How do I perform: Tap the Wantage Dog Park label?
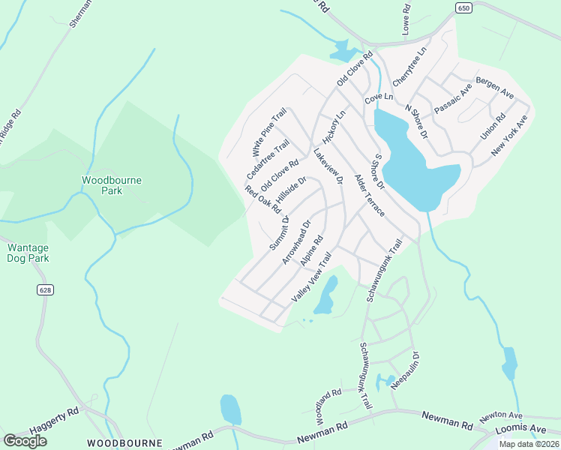[x=28, y=253]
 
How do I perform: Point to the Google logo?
[x=25, y=441]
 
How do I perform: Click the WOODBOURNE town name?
[x=124, y=443]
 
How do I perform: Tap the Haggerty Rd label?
[x=54, y=421]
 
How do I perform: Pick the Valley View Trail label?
[x=310, y=278]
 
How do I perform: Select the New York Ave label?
[x=510, y=136]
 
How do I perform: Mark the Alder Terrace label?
[x=369, y=196]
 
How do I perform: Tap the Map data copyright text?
[x=528, y=443]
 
